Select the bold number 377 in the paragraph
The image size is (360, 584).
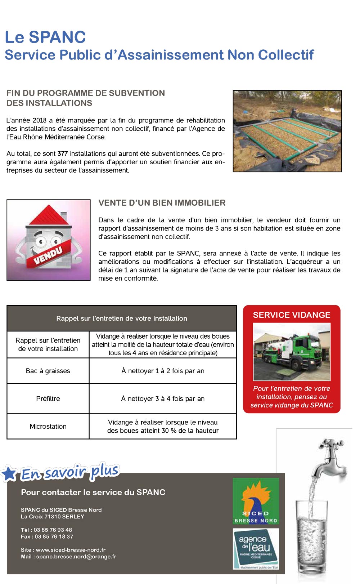tap(63, 154)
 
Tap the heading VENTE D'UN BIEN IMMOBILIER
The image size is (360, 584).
tap(162, 203)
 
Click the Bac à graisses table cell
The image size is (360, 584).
tap(48, 371)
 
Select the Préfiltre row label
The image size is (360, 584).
tap(48, 398)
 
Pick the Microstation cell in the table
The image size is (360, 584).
tap(48, 427)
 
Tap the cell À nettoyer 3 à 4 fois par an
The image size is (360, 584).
tap(163, 398)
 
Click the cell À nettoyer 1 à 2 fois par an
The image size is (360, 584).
tap(163, 371)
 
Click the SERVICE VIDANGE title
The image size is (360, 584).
tap(292, 315)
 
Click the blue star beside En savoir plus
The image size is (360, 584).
tap(9, 473)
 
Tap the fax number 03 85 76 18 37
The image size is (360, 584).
tap(54, 536)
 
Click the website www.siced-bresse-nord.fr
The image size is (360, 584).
tap(71, 550)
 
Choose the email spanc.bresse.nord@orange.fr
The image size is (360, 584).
tap(76, 557)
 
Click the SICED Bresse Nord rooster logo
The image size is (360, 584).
tap(256, 501)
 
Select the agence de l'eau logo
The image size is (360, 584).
tap(256, 548)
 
